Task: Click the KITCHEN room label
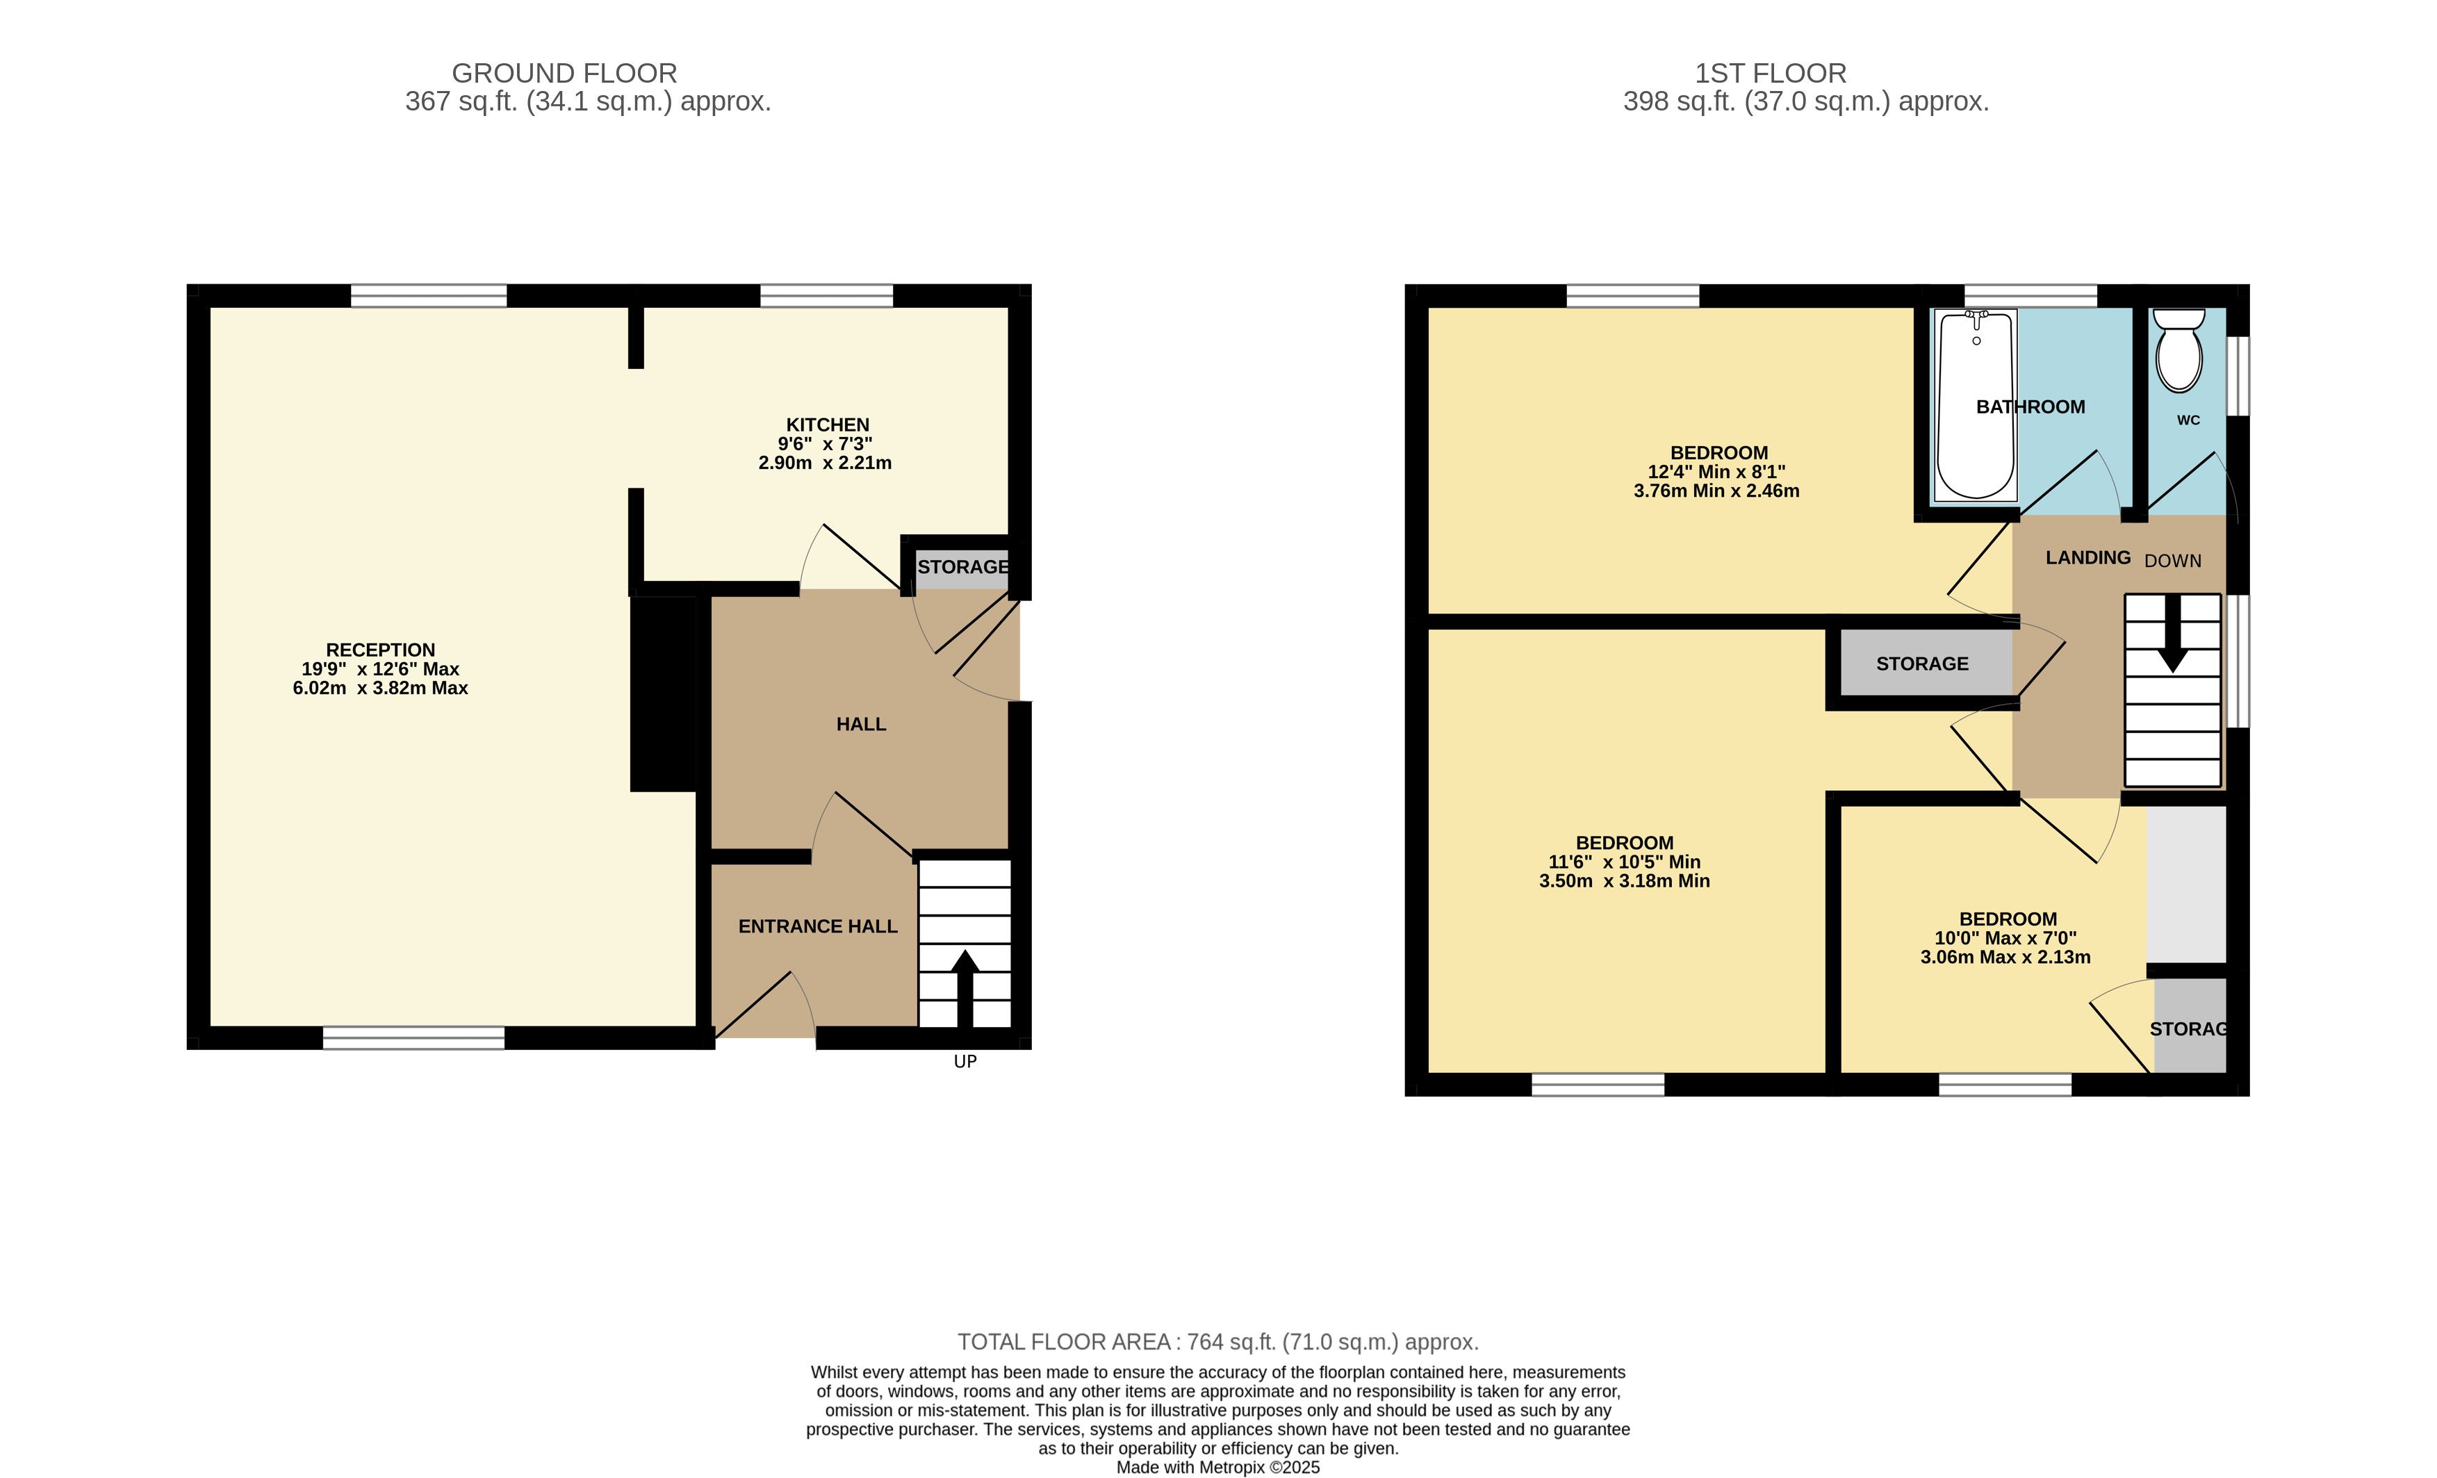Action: (828, 425)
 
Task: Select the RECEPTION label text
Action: (381, 650)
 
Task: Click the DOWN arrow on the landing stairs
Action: (2173, 633)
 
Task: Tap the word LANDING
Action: (2088, 558)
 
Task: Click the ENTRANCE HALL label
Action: (818, 927)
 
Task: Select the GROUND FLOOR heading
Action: (565, 73)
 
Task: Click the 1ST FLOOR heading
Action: (1771, 73)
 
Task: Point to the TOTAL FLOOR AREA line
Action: (1219, 1342)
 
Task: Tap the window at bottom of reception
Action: (413, 1037)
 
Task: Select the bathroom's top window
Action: (2030, 296)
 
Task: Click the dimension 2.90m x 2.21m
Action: (825, 463)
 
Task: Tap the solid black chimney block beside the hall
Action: (664, 693)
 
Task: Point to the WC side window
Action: (2238, 376)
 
